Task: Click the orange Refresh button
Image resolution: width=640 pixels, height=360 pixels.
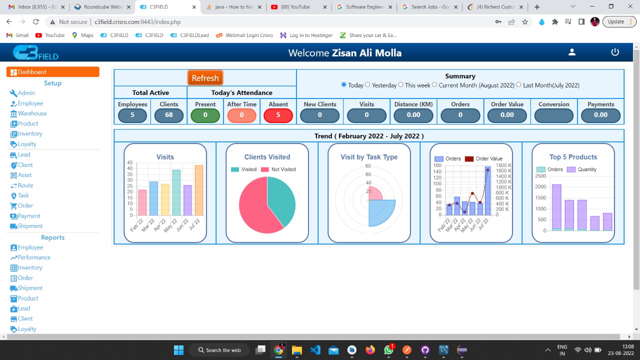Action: pos(205,78)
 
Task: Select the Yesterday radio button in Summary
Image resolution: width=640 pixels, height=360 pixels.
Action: pos(367,85)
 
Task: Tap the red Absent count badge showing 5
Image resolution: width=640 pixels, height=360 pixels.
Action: pos(278,115)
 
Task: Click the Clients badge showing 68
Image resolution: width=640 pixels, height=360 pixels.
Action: pos(168,115)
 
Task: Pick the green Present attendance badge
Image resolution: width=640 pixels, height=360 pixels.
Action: pos(205,115)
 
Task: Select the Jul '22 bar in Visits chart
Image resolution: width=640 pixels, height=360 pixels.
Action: pos(199,190)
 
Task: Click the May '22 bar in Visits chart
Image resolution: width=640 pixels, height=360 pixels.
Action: pos(176,192)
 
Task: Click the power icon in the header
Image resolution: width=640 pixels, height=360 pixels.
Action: pos(615,52)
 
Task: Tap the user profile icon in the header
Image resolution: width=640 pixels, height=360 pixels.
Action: pos(572,52)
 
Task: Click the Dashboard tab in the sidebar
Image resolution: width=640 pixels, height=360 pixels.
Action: pos(52,72)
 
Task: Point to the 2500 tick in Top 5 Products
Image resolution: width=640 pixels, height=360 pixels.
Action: pos(540,176)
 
